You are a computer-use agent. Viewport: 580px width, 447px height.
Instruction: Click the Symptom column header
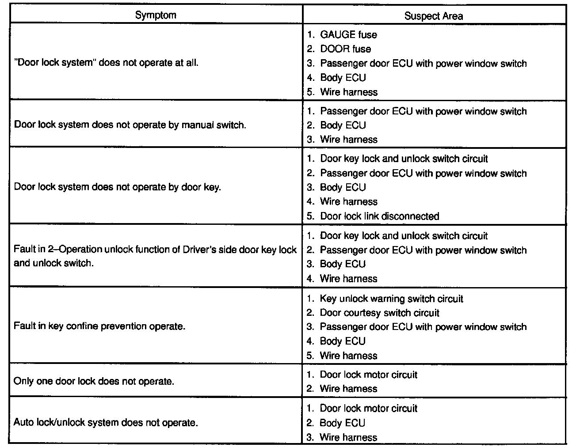(x=155, y=15)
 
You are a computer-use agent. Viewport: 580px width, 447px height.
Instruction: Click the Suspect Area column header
(x=433, y=16)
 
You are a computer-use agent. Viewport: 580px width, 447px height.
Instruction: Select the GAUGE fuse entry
(x=348, y=34)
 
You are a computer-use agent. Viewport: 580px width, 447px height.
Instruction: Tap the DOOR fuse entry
(x=345, y=49)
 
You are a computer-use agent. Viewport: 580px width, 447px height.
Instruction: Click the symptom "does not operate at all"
(x=106, y=63)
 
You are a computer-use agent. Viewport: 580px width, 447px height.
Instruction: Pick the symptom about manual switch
(x=130, y=125)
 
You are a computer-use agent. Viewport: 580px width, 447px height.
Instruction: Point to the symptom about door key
(x=117, y=187)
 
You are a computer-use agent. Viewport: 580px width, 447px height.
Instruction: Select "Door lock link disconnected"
(x=379, y=216)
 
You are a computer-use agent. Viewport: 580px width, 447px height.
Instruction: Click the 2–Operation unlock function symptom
(x=155, y=256)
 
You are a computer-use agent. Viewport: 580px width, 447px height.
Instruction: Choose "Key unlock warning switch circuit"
(x=391, y=299)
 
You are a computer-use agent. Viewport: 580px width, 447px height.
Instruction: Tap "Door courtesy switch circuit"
(x=379, y=313)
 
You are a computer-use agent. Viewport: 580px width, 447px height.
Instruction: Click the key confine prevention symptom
(x=99, y=326)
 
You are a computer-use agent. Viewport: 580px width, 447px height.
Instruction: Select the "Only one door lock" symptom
(x=94, y=381)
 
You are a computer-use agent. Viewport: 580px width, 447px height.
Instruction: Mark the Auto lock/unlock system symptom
(x=105, y=423)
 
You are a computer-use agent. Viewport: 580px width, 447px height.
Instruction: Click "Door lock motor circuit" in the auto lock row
(x=368, y=408)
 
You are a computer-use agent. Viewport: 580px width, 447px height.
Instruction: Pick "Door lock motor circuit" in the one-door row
(x=368, y=375)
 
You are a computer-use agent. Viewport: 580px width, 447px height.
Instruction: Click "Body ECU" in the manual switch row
(x=343, y=125)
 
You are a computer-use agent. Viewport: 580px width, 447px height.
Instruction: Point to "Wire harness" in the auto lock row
(x=348, y=437)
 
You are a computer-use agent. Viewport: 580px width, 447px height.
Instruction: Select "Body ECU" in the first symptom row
(x=343, y=78)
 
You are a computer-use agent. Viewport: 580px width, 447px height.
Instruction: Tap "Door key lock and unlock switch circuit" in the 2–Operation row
(x=404, y=236)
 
